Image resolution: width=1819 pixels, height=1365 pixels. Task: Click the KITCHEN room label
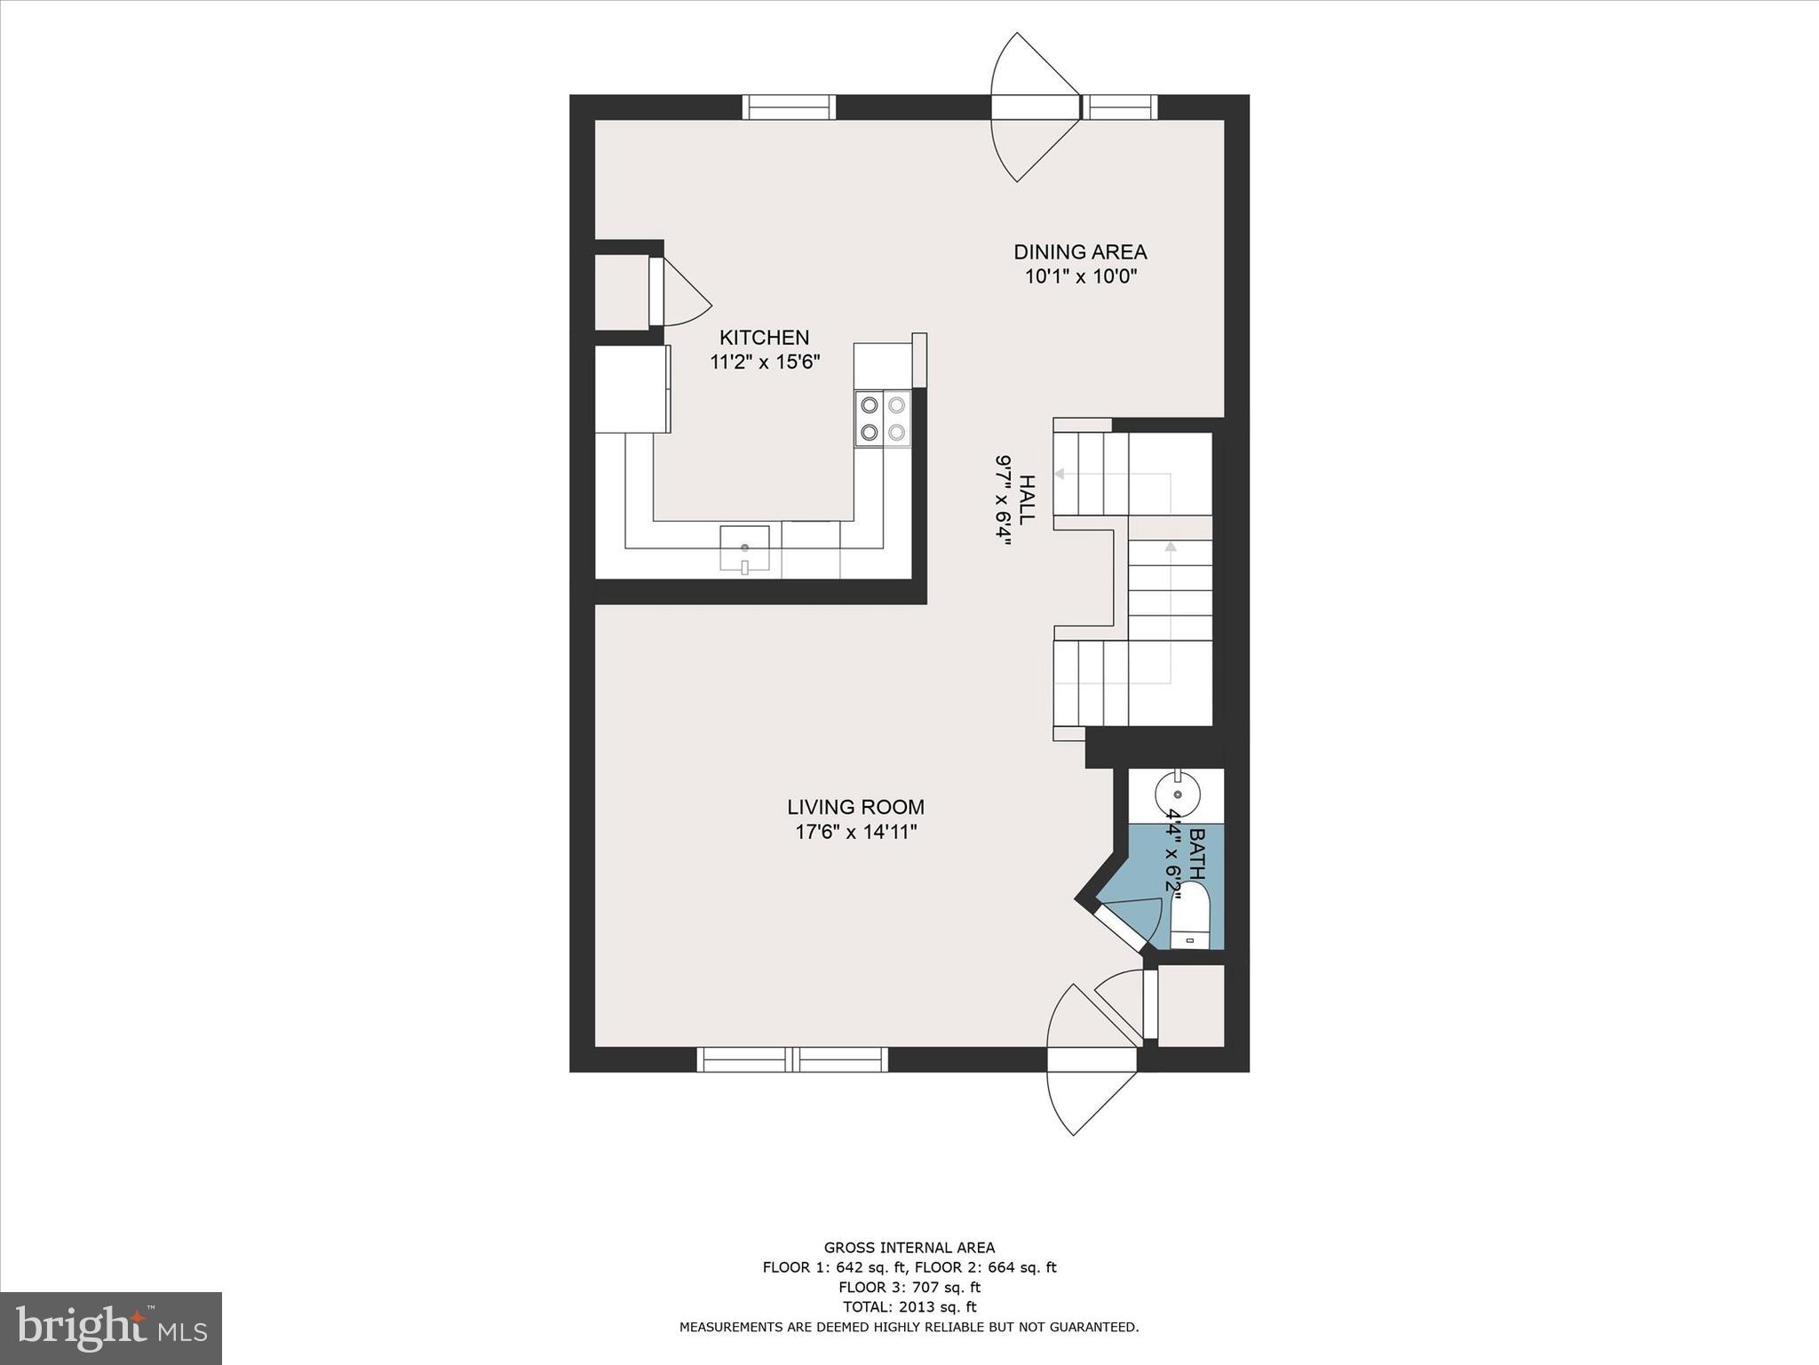tap(764, 338)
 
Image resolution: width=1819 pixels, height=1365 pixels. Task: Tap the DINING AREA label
tap(1080, 251)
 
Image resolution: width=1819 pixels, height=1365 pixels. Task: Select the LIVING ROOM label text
tap(855, 807)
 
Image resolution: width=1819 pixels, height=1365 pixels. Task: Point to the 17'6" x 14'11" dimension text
tap(855, 833)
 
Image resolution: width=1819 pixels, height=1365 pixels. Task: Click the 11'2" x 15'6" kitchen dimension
tap(764, 363)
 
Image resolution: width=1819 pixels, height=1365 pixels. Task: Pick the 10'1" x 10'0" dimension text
tap(1080, 276)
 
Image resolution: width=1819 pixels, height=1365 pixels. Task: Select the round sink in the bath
tap(1178, 794)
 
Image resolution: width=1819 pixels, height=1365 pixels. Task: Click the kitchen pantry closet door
tap(657, 291)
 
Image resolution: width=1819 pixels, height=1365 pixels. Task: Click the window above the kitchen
tap(789, 108)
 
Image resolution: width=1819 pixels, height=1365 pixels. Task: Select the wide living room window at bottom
tap(792, 1059)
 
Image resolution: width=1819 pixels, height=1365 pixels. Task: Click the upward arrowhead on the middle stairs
tap(1170, 547)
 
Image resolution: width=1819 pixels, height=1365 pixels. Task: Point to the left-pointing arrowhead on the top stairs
tap(1060, 475)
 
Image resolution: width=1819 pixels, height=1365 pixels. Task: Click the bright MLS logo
tap(110, 1328)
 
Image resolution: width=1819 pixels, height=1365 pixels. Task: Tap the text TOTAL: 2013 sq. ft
tap(909, 1306)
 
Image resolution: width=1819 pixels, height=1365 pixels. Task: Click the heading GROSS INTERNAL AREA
tap(909, 1248)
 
